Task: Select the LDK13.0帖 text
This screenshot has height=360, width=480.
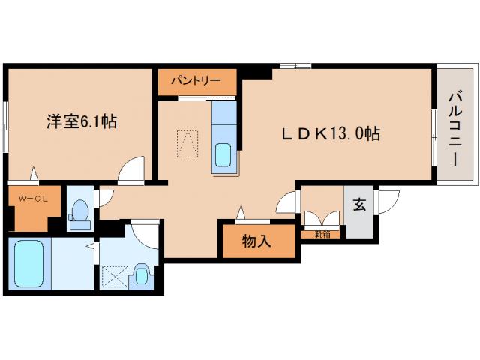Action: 331,134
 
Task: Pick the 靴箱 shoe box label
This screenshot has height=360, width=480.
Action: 322,234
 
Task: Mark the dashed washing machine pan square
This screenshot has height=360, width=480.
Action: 115,277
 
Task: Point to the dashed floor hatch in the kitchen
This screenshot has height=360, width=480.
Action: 187,143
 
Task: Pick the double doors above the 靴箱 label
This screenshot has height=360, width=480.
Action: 321,221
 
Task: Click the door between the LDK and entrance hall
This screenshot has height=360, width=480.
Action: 287,202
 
